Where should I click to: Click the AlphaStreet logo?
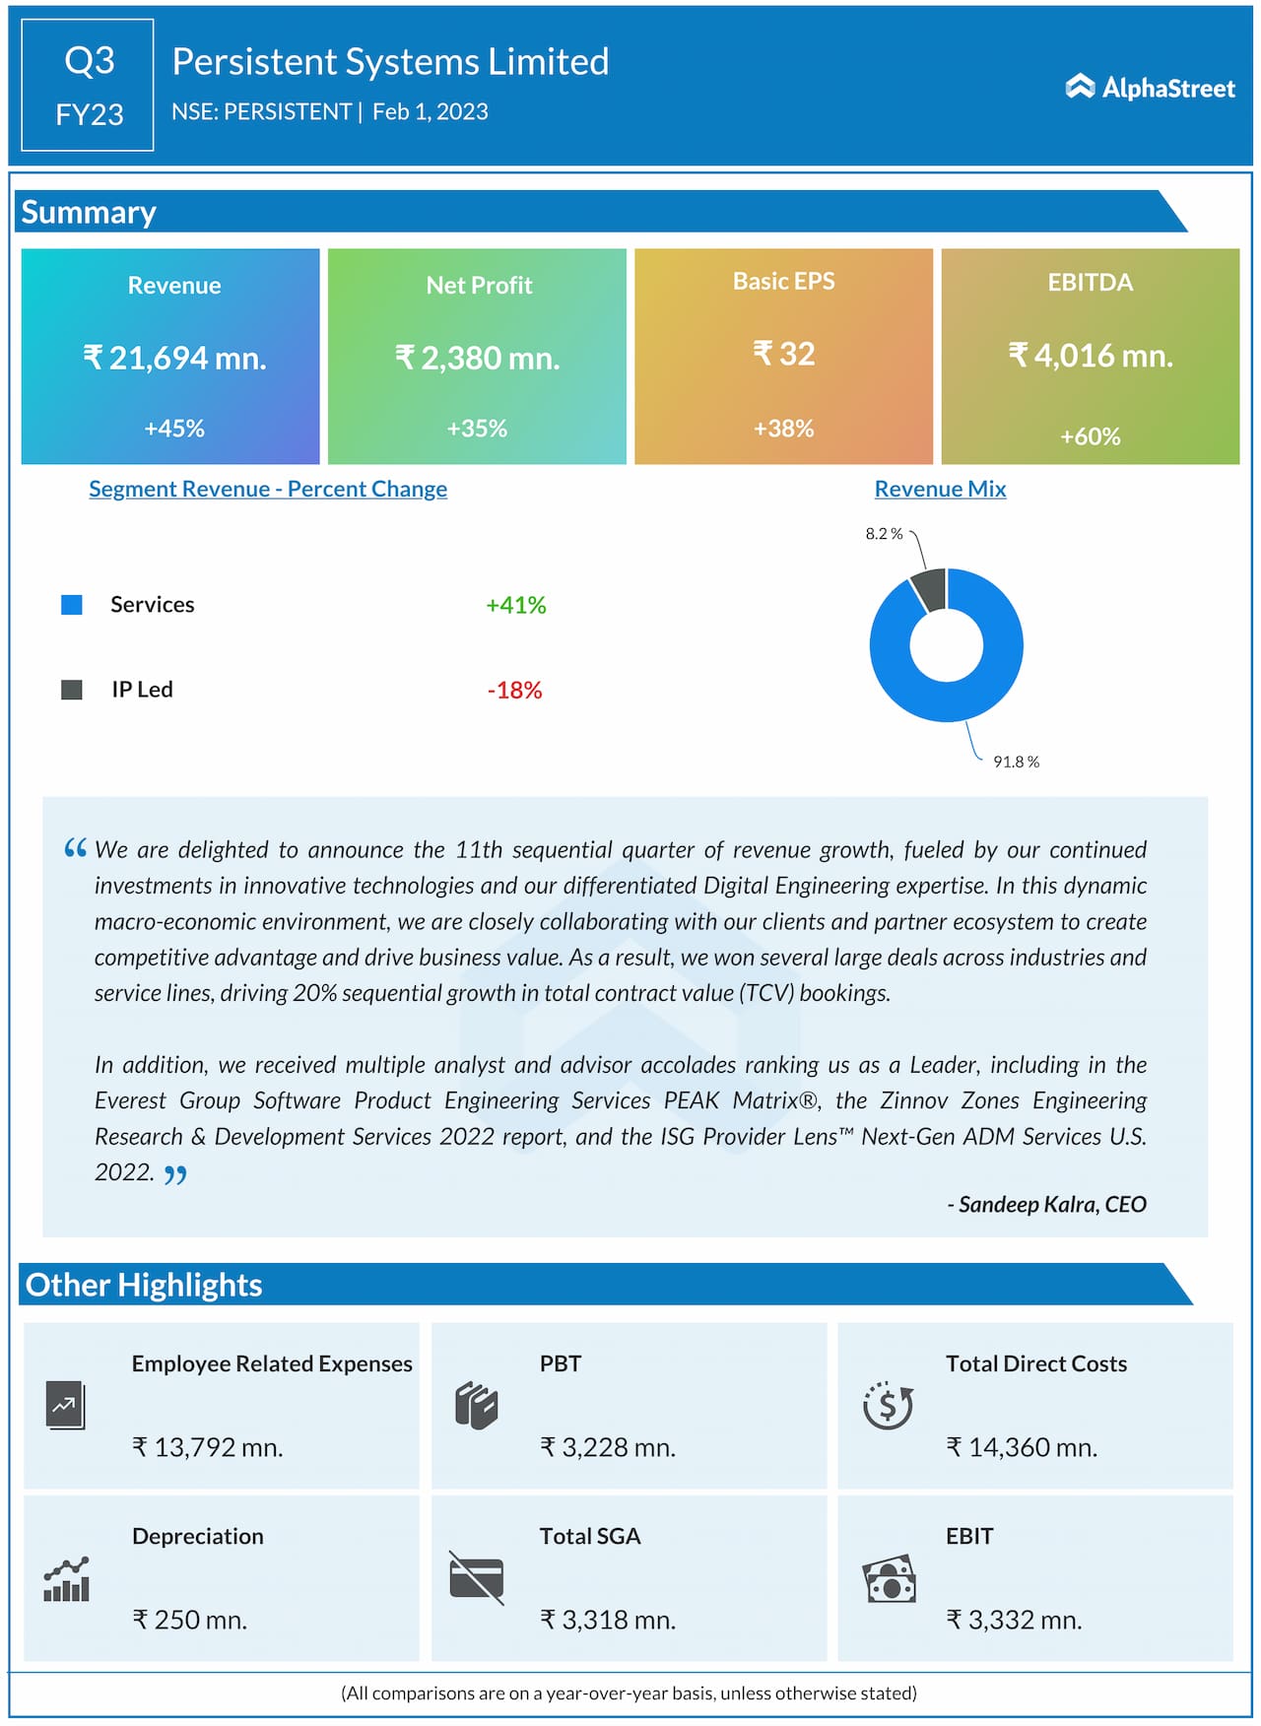[1150, 88]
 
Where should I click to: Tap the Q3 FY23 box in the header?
[88, 86]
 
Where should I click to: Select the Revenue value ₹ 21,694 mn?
[174, 358]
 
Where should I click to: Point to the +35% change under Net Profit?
[477, 429]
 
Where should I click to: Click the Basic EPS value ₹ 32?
[784, 354]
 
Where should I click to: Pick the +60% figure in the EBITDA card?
[1090, 436]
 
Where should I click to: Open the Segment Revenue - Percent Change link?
[268, 489]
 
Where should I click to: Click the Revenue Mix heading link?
[940, 489]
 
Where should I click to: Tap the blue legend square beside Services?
[72, 605]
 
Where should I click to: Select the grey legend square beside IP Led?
[72, 690]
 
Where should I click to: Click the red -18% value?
[514, 690]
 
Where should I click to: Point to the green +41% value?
[515, 605]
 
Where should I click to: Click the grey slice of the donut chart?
[929, 588]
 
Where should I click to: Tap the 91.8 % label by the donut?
[1016, 762]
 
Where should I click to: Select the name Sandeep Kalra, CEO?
[1051, 1204]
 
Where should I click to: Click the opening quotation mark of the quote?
[75, 848]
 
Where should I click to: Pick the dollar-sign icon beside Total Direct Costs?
[888, 1405]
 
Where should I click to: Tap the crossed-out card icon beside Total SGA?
[476, 1577]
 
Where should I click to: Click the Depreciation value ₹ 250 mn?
[190, 1620]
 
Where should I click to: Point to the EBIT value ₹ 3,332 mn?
[1014, 1620]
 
